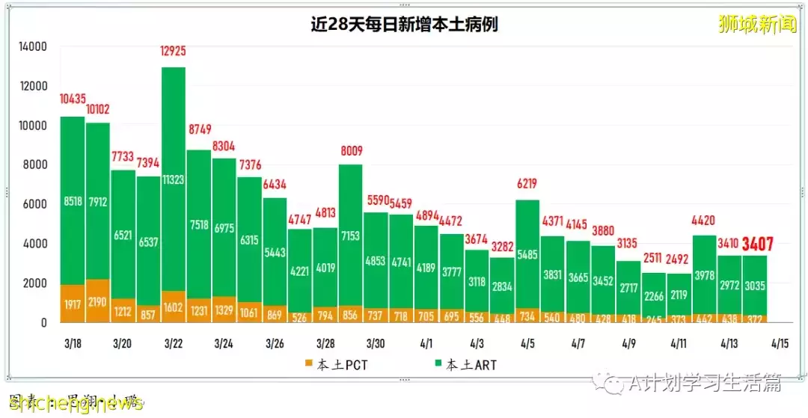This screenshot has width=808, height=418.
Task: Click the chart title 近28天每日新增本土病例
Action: click(x=404, y=25)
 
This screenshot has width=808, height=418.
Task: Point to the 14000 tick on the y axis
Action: click(x=32, y=46)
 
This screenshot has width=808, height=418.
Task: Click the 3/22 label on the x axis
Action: click(x=174, y=344)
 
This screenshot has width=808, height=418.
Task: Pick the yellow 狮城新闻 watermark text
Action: click(x=757, y=25)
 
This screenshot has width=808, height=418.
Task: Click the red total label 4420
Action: click(x=704, y=221)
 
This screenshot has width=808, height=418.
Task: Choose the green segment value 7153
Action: click(x=350, y=236)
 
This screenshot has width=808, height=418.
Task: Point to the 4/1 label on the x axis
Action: click(x=426, y=344)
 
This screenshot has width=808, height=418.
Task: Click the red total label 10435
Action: click(x=73, y=99)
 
